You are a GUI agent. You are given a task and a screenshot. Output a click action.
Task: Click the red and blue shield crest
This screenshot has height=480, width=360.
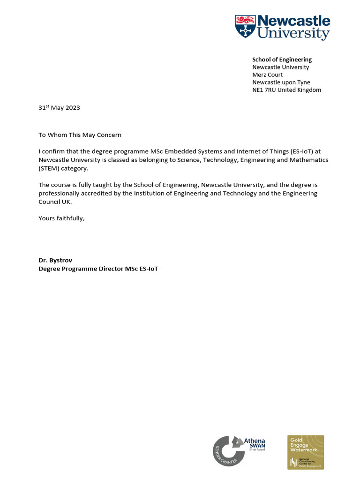click(245, 26)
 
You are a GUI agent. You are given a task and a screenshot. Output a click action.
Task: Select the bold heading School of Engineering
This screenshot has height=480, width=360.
click(282, 60)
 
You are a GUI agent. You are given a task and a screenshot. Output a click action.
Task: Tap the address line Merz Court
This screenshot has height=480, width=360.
click(267, 75)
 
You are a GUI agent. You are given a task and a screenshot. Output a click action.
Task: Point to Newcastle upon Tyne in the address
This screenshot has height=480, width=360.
click(281, 82)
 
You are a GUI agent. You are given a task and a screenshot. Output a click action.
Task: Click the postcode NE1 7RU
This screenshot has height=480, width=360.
click(264, 90)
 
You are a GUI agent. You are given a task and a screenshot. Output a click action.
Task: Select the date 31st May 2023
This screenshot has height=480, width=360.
click(59, 107)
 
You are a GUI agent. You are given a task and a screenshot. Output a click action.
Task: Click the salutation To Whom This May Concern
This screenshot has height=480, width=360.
click(80, 135)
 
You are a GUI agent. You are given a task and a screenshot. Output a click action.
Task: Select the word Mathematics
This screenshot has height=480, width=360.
click(309, 160)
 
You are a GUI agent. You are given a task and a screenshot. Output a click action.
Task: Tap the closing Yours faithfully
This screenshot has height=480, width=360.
click(61, 218)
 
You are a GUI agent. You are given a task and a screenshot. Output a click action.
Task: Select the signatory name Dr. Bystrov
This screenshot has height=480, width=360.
click(55, 260)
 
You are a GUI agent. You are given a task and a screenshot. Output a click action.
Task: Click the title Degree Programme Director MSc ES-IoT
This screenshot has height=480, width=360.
click(98, 269)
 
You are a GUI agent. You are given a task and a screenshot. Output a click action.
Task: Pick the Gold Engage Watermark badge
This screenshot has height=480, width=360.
click(306, 452)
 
